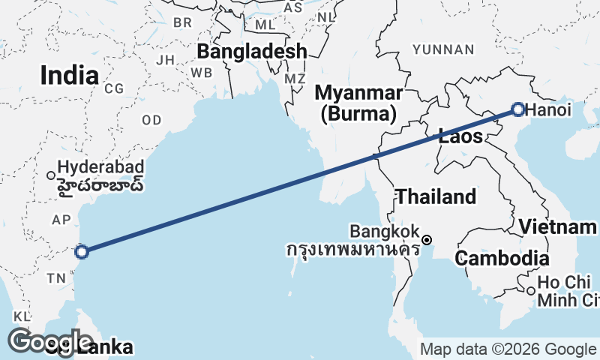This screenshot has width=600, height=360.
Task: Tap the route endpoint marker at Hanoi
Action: (x=518, y=109)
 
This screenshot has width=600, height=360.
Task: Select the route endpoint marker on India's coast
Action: (x=82, y=252)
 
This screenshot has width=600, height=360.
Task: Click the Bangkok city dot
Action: (x=427, y=240)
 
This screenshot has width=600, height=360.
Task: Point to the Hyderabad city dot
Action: (x=51, y=175)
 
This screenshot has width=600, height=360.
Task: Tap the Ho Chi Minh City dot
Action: (x=530, y=291)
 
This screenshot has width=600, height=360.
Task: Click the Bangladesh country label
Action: (x=252, y=51)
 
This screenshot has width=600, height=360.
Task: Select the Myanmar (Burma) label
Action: (x=358, y=103)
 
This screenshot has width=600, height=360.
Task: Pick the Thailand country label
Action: (x=436, y=196)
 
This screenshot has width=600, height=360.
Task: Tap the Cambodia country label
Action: (x=502, y=259)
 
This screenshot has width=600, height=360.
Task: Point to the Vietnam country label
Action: (x=558, y=226)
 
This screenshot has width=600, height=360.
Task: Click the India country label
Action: (x=69, y=75)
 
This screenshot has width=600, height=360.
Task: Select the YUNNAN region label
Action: (x=442, y=49)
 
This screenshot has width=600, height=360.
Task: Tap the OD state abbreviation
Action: (x=151, y=120)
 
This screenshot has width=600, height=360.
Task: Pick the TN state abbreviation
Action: (x=57, y=278)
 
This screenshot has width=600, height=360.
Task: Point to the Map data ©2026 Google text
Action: (x=507, y=349)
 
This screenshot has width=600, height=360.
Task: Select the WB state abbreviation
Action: (x=201, y=73)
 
